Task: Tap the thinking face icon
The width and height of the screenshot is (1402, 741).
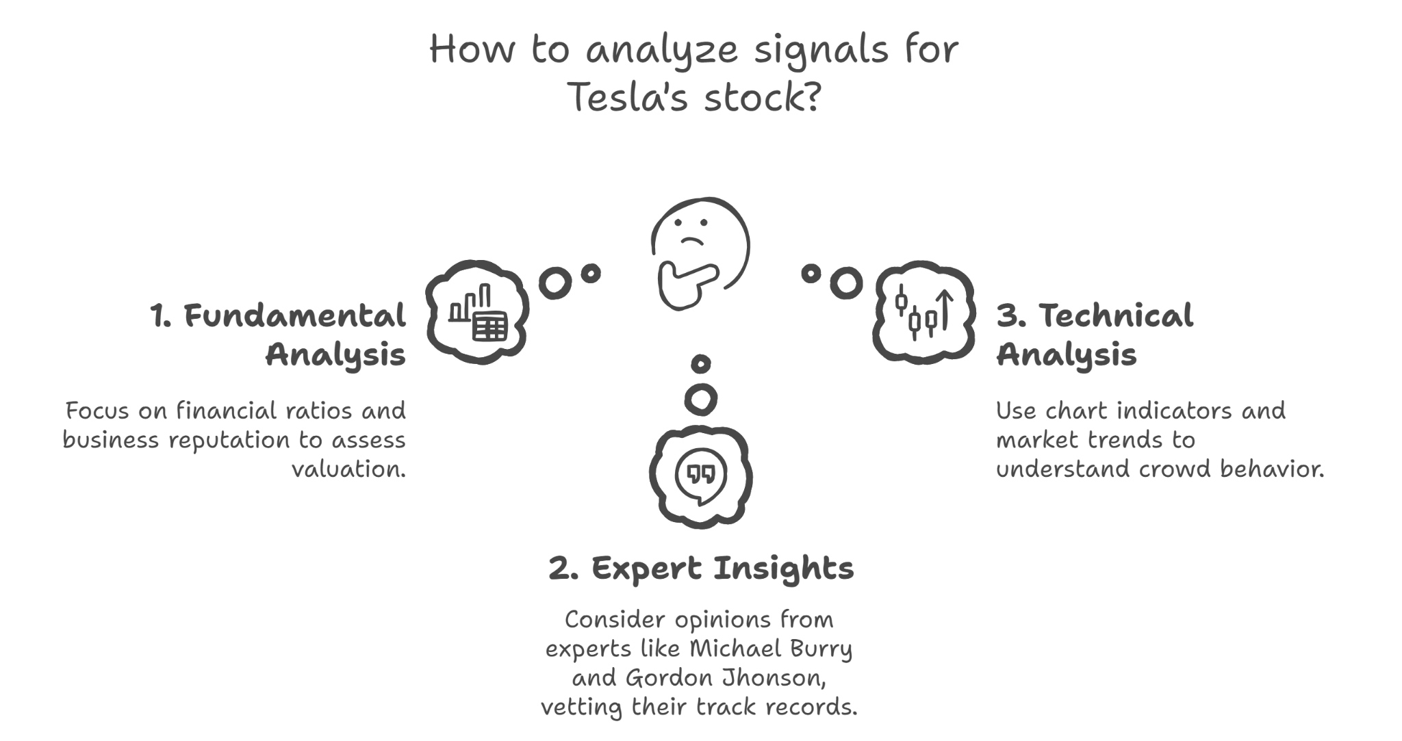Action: pyautogui.click(x=700, y=253)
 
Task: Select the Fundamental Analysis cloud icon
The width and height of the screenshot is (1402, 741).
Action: pyautogui.click(x=478, y=312)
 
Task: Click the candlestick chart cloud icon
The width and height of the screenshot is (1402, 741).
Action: pyautogui.click(x=924, y=311)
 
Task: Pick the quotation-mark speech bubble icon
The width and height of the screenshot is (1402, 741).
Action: pyautogui.click(x=700, y=476)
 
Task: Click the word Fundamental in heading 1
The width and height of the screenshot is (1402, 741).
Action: pyautogui.click(x=295, y=316)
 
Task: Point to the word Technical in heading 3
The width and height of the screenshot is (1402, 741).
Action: pyautogui.click(x=1116, y=316)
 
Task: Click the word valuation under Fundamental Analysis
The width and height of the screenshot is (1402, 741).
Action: pyautogui.click(x=349, y=469)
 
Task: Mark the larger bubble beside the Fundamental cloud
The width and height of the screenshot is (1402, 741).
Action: pyautogui.click(x=555, y=283)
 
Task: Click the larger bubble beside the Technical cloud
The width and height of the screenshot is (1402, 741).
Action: pyautogui.click(x=846, y=283)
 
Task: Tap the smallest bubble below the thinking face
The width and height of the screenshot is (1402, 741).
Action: pyautogui.click(x=700, y=364)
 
